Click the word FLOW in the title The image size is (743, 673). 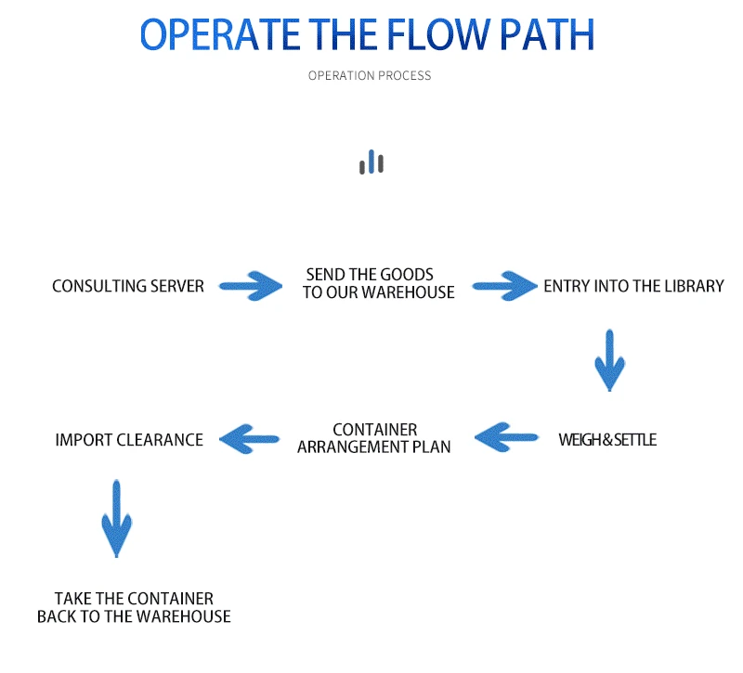(x=438, y=34)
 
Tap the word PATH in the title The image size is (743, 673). (x=547, y=34)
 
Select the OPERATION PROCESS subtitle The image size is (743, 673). (x=370, y=76)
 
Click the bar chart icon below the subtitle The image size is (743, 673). (x=371, y=162)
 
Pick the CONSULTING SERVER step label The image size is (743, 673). (x=128, y=286)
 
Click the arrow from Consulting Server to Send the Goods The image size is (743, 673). (x=251, y=286)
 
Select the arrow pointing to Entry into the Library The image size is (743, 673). (x=505, y=286)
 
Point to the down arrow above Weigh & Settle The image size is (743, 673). (x=610, y=360)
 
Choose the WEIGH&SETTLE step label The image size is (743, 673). (x=607, y=440)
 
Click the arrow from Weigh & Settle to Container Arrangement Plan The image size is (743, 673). (x=506, y=437)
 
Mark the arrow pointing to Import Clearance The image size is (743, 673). (x=250, y=439)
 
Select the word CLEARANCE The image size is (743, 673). (x=160, y=440)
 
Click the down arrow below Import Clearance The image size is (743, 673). (x=117, y=519)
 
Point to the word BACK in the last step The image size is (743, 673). (x=54, y=616)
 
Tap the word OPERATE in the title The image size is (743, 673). (x=220, y=34)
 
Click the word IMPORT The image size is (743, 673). (x=84, y=440)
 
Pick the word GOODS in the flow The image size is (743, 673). (x=407, y=275)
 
